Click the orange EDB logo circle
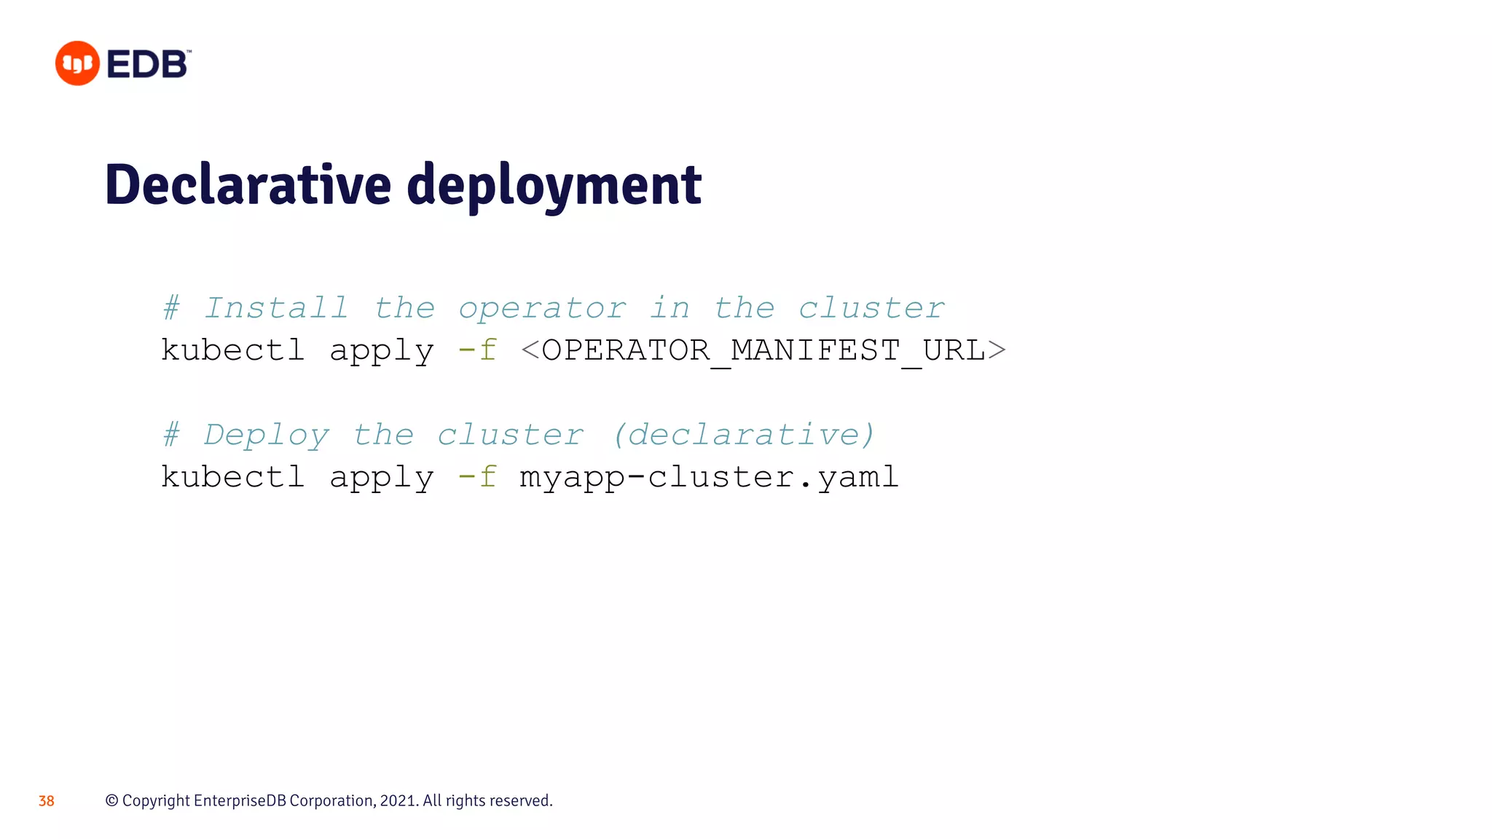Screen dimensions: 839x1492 click(x=77, y=63)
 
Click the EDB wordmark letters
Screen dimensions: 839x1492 click(x=148, y=65)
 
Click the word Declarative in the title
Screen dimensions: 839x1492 click(x=248, y=185)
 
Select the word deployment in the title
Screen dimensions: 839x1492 click(x=554, y=186)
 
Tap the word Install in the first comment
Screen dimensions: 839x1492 click(x=276, y=308)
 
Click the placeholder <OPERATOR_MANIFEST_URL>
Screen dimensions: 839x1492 click(x=763, y=350)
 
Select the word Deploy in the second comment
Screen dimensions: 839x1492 click(x=267, y=436)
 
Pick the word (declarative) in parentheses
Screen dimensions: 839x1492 click(x=744, y=435)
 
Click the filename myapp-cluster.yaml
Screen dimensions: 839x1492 click(x=709, y=477)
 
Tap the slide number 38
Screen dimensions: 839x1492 click(x=47, y=801)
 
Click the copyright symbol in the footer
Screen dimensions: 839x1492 click(x=112, y=800)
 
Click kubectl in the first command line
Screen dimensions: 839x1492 click(x=232, y=350)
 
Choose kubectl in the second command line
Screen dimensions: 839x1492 click(x=232, y=477)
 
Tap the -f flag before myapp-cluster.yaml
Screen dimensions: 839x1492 click(x=478, y=477)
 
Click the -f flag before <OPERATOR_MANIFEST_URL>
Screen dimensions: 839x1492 click(x=478, y=350)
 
